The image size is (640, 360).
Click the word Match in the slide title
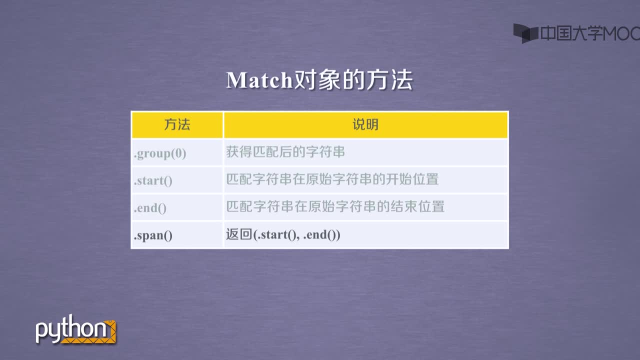[x=259, y=80]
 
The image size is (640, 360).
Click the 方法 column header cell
[x=177, y=125]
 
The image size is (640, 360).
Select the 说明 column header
[x=365, y=125]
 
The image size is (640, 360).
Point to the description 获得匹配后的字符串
[x=285, y=151]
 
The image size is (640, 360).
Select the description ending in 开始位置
[x=332, y=179]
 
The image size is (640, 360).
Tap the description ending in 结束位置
[x=335, y=206]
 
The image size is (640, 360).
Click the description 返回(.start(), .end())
[x=283, y=234]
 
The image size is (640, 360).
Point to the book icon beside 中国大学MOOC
[x=525, y=33]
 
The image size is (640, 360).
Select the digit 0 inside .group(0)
[x=179, y=153]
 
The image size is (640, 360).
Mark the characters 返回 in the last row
[x=239, y=234]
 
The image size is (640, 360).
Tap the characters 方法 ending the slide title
[x=389, y=80]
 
